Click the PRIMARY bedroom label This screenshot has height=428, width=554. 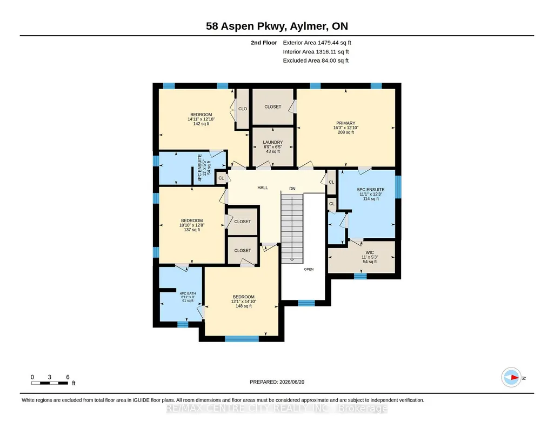(345, 123)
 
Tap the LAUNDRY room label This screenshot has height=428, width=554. (273, 142)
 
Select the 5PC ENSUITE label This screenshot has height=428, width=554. (371, 190)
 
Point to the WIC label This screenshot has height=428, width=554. (370, 252)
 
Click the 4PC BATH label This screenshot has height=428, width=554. (188, 293)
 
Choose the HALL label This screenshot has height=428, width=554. (263, 188)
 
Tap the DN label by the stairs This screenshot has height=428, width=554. (292, 189)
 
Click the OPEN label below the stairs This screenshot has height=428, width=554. (309, 269)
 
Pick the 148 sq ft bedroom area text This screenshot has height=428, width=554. (243, 306)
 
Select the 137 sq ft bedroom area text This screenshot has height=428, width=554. (192, 230)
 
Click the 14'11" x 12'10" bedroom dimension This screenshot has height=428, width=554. (201, 119)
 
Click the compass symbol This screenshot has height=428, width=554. (511, 378)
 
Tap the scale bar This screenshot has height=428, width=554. (50, 383)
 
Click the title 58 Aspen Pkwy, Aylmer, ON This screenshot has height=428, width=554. (277, 26)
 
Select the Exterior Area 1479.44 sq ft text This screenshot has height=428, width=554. (317, 43)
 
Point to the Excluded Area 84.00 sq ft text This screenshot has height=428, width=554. (316, 61)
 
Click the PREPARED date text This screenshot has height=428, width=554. (277, 382)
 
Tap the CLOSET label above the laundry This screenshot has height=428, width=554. (273, 106)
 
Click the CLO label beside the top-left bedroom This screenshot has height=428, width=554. (243, 109)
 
